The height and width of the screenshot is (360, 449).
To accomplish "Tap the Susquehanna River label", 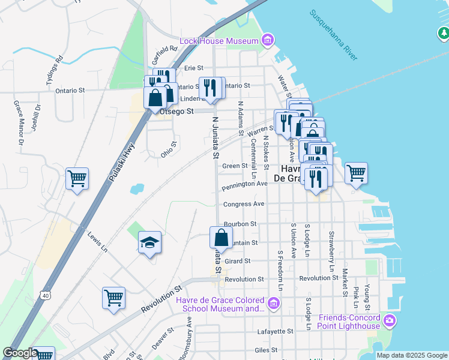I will point(333,34).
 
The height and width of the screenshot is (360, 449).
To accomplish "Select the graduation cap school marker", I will point(149,242).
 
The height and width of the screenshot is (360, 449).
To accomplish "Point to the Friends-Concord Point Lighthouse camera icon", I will point(390,321).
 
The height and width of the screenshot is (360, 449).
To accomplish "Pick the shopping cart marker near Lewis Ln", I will point(113,298).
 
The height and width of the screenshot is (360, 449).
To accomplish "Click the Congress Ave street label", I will point(244,204).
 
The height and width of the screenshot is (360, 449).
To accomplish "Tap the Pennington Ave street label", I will point(244,185).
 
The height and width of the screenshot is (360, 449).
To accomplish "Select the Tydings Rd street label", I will point(54,71).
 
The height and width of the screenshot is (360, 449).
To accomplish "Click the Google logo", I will point(20,353).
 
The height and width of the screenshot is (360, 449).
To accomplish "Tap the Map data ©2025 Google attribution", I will point(412,355).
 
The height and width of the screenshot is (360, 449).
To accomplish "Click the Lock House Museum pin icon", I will point(268,41).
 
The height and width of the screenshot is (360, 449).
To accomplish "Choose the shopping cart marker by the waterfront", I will point(356,173).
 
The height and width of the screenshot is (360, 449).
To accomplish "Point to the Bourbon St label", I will point(240,224).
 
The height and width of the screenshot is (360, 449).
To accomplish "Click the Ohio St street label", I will point(169,149).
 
